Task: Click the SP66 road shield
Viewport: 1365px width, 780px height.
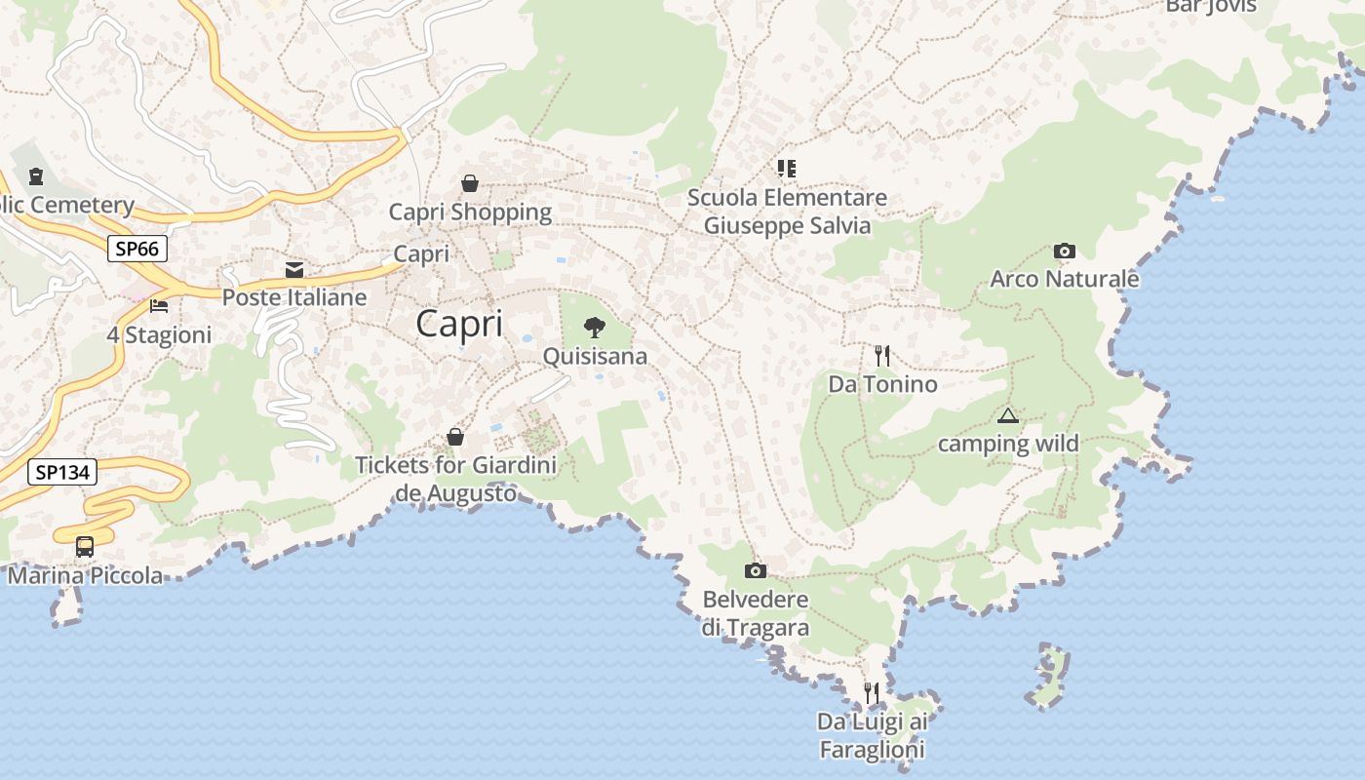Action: click(136, 249)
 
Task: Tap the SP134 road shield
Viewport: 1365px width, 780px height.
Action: click(62, 473)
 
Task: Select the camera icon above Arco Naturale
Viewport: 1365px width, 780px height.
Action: click(1065, 251)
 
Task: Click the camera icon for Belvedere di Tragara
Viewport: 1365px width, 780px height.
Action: click(755, 570)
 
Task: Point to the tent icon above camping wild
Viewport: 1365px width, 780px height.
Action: click(1007, 416)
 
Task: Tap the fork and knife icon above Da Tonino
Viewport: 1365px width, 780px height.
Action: click(882, 355)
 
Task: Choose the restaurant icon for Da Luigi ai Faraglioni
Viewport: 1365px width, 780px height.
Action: click(872, 693)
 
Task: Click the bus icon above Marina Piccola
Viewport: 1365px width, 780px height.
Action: click(85, 547)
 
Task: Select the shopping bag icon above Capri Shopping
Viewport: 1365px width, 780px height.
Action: click(470, 183)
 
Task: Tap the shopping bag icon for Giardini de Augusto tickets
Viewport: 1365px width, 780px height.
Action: click(455, 437)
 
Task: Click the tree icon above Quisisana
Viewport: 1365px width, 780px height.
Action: click(594, 328)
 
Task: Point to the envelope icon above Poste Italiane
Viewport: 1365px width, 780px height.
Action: click(294, 269)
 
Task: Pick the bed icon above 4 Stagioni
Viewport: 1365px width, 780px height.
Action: click(159, 306)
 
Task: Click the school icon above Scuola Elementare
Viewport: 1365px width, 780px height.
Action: click(787, 169)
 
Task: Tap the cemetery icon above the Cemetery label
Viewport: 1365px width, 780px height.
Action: click(36, 176)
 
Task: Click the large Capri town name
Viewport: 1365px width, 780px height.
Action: click(459, 324)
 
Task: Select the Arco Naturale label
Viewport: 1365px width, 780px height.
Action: click(1064, 279)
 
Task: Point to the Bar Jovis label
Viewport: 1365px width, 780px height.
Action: click(1211, 6)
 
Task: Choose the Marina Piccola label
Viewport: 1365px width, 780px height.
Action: click(86, 575)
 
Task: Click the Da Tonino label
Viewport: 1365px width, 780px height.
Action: click(882, 384)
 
